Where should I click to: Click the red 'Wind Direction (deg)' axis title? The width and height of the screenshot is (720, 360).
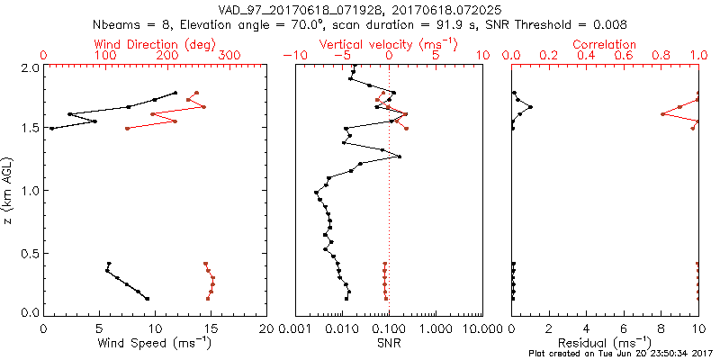(x=155, y=44)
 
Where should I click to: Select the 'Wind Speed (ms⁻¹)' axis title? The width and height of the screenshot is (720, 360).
(x=155, y=342)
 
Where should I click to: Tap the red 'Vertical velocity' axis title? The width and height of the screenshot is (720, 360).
(x=388, y=44)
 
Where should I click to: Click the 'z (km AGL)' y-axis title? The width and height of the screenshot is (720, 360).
(x=10, y=191)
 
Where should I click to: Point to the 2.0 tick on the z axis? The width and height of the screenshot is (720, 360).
(x=31, y=67)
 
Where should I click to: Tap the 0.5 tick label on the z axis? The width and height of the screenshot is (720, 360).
(x=31, y=252)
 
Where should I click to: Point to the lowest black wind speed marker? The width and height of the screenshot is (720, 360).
(x=147, y=299)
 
